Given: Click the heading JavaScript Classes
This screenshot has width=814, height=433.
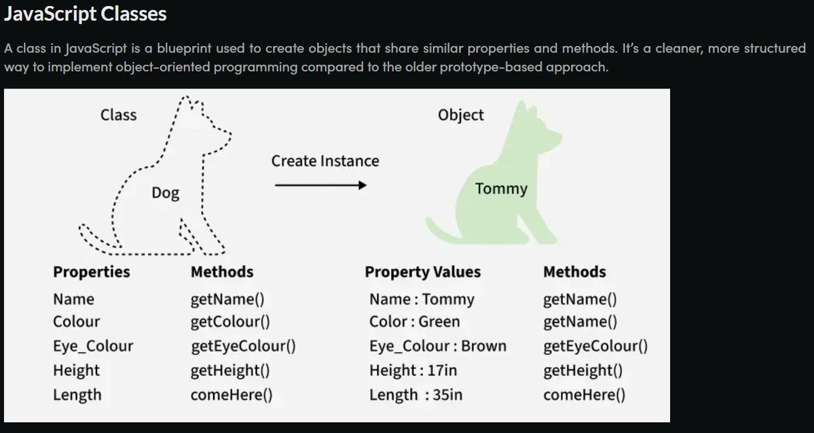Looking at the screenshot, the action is click(x=86, y=14).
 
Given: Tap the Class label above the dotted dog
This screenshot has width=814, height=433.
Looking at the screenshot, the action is click(x=118, y=115).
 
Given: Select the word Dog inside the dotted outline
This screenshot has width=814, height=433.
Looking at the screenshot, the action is click(x=166, y=194).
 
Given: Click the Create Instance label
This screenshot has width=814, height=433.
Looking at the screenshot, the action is click(x=325, y=161).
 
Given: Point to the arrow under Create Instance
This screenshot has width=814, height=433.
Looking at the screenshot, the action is click(x=320, y=185).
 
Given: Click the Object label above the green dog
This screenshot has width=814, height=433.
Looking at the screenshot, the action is click(x=461, y=115).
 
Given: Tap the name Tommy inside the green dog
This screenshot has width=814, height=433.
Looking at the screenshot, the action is click(x=501, y=189).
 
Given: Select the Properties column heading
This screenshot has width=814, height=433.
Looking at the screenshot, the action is click(x=92, y=272).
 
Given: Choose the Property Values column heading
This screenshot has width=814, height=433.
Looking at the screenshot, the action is click(x=422, y=272).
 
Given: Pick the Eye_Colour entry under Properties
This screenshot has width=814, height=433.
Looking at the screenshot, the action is click(x=93, y=346).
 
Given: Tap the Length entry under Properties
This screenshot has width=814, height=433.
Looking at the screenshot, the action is click(x=77, y=394).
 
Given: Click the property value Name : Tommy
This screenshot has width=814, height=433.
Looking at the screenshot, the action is click(x=422, y=299).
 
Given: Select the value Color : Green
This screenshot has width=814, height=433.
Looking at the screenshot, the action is click(x=414, y=322).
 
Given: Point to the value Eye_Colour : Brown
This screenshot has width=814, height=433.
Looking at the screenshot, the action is click(x=438, y=346).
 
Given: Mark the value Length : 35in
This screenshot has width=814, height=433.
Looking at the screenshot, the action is click(x=415, y=395).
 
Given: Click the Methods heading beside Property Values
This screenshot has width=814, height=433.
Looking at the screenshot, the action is click(x=574, y=272).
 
